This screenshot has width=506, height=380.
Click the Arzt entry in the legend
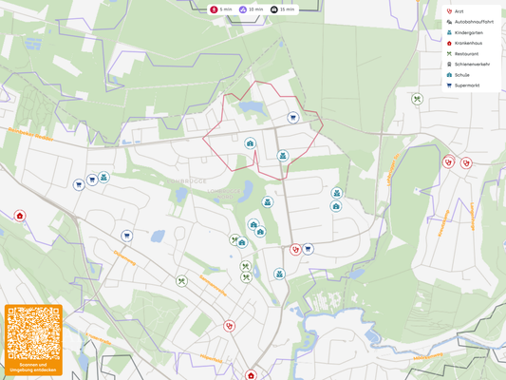click(x=459, y=11)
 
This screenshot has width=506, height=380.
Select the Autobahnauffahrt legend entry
click(x=471, y=22)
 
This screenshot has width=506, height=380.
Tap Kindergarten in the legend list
click(x=469, y=32)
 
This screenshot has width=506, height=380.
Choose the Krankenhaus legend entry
click(x=468, y=43)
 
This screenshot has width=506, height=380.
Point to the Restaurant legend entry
click(x=466, y=54)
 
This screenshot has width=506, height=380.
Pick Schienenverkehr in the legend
click(x=472, y=65)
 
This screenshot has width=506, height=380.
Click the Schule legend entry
click(x=461, y=75)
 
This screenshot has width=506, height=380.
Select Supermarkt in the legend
click(x=466, y=85)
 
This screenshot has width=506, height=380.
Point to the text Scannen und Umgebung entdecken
click(x=33, y=367)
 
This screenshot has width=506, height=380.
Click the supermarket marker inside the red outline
click(x=293, y=118)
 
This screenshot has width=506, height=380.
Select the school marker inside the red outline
click(x=250, y=143)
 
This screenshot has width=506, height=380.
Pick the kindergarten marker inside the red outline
click(x=282, y=155)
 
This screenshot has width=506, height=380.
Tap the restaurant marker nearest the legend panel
click(x=417, y=98)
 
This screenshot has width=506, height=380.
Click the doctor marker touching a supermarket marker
click(x=295, y=249)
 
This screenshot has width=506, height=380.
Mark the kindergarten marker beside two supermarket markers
click(x=103, y=177)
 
